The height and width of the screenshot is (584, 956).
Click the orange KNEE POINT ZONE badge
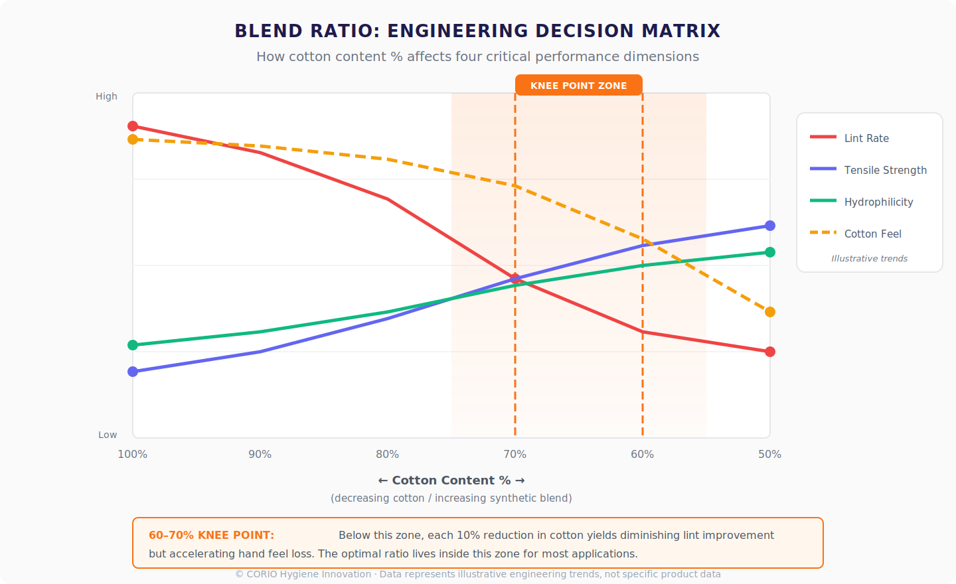pos(578,86)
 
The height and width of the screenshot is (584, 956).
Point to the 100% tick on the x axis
pos(133,454)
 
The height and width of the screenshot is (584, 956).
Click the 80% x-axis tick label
pos(388,454)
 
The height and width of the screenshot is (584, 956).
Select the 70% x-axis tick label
pos(515,454)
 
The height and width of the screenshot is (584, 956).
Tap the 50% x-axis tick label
pos(769,454)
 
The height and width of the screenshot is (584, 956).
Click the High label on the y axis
pos(106,96)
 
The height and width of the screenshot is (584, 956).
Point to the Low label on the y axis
pos(108,435)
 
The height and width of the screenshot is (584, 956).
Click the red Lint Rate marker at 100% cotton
pos(133,126)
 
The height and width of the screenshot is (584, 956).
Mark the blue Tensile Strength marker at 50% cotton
pos(770,226)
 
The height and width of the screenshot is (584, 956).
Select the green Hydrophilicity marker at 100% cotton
pos(133,345)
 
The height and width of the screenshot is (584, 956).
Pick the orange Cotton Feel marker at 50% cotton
pos(770,312)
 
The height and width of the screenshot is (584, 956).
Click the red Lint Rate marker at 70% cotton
pos(515,279)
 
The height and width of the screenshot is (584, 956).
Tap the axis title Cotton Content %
pos(451,480)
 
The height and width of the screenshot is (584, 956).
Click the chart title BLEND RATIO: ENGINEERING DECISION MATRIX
pos(477,31)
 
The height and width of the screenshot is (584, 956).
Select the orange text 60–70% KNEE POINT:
pos(211,535)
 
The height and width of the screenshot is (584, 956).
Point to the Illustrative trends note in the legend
pos(869,259)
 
